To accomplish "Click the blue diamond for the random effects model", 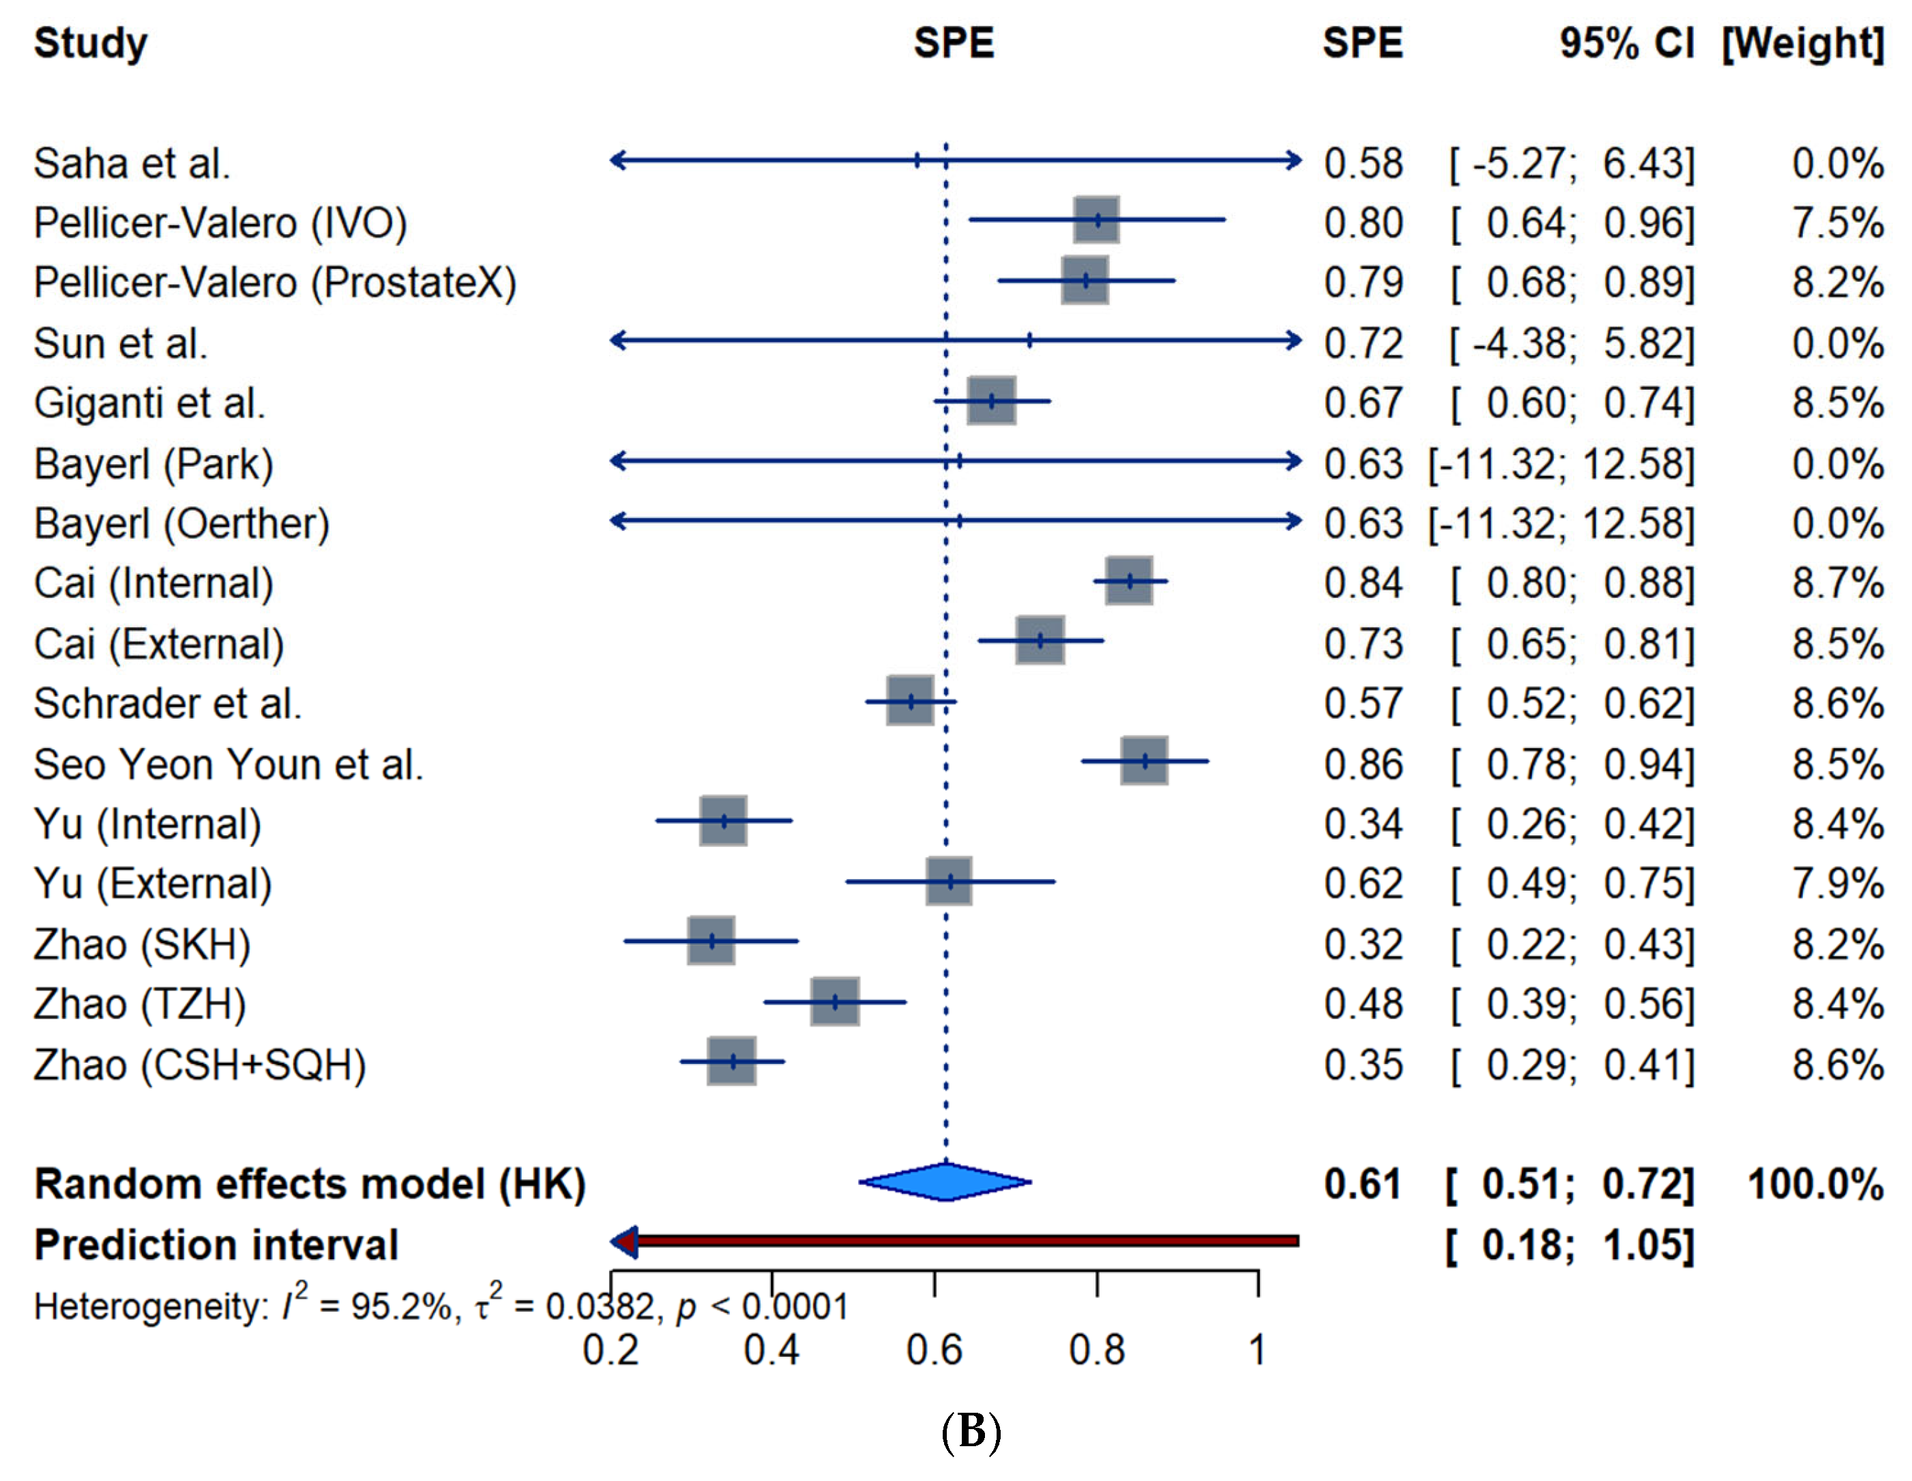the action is [945, 1181].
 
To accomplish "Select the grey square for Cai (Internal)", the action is [1130, 581].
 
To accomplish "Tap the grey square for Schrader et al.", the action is [911, 701].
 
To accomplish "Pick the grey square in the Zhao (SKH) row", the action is [711, 940].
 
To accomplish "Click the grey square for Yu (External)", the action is [950, 881].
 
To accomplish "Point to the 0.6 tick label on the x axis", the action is [934, 1350].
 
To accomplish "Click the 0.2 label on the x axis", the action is [611, 1350].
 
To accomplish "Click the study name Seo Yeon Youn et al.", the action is [229, 764].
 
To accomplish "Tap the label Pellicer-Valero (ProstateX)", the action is [275, 283].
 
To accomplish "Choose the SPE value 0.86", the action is [1363, 764].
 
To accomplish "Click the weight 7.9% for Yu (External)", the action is [1838, 883].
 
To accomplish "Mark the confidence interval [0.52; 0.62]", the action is [1572, 703].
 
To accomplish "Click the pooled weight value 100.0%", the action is [1816, 1184].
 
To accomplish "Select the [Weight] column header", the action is [1803, 43].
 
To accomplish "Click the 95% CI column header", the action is [1627, 43].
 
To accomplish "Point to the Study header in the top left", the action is [90, 44].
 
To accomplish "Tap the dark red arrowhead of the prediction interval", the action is [623, 1241].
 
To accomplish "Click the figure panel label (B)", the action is [970, 1431].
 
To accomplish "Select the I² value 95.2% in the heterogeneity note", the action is [402, 1307].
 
